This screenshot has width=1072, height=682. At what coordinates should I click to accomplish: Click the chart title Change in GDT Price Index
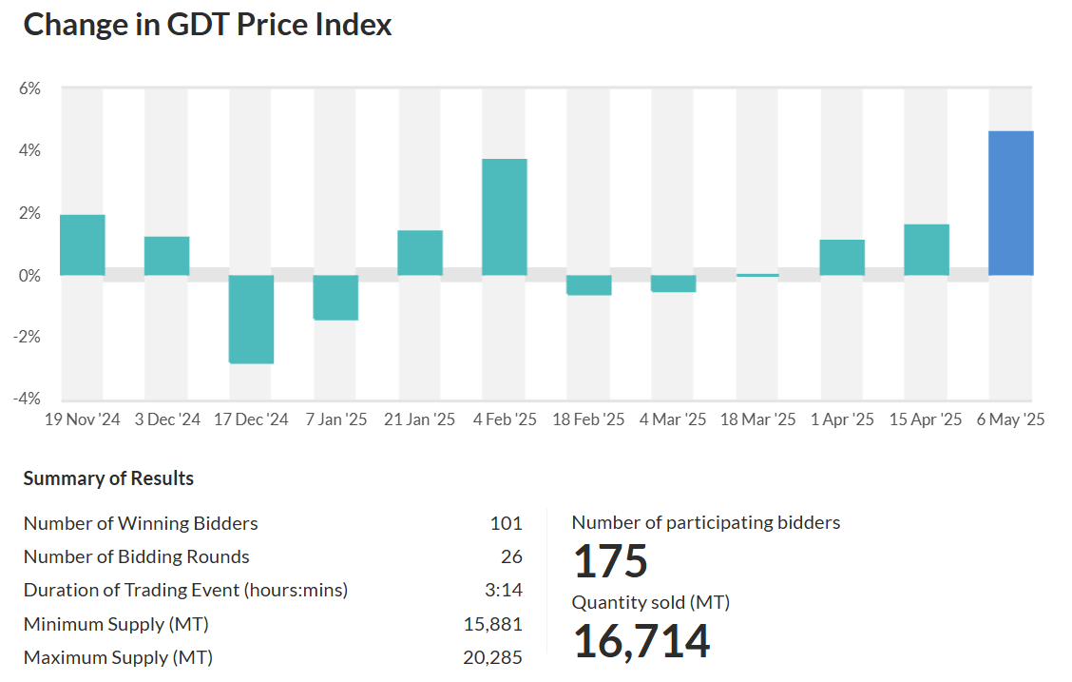[x=207, y=25]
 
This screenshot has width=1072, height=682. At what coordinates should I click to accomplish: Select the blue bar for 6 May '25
[x=1010, y=203]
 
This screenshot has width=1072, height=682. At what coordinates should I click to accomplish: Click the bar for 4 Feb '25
[x=505, y=217]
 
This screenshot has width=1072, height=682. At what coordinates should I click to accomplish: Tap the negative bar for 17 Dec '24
[x=252, y=319]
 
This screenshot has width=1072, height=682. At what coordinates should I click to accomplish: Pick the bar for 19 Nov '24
[x=83, y=244]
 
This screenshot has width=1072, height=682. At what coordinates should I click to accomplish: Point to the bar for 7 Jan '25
[x=335, y=297]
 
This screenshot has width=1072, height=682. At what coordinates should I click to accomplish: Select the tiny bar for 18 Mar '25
[x=757, y=275]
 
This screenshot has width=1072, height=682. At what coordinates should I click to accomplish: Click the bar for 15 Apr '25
[x=927, y=249]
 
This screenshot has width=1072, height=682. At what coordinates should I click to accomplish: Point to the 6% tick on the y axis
[x=29, y=88]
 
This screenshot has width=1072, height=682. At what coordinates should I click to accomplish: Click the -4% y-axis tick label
[x=28, y=399]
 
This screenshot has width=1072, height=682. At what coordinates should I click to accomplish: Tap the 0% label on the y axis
[x=29, y=276]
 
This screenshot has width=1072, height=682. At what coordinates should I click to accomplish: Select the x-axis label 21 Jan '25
[x=419, y=419]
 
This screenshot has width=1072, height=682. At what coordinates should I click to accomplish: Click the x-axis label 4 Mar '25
[x=673, y=419]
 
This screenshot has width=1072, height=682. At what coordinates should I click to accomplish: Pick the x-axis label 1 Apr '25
[x=842, y=419]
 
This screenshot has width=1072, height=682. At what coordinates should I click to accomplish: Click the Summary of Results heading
[x=108, y=478]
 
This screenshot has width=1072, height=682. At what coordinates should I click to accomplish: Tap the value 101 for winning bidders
[x=506, y=523]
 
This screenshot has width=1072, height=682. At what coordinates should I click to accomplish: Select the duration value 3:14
[x=504, y=590]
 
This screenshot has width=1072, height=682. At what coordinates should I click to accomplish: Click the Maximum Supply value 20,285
[x=492, y=657]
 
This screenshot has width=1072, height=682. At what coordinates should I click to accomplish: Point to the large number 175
[x=610, y=561]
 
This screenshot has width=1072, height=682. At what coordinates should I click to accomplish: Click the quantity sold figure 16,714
[x=641, y=641]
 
